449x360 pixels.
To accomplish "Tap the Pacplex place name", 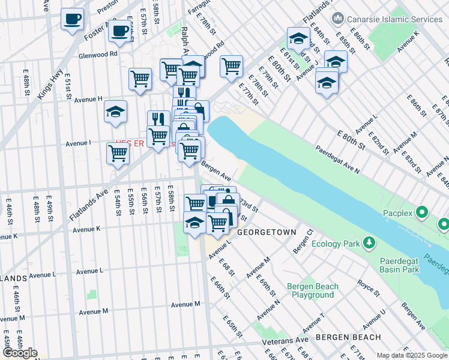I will (x=399, y=212).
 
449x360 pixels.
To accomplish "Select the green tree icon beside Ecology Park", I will (x=369, y=243).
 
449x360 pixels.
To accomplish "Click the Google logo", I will (x=20, y=353).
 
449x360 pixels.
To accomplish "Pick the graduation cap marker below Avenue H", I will (x=115, y=111).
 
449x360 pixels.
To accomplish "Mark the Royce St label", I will (x=368, y=286).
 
